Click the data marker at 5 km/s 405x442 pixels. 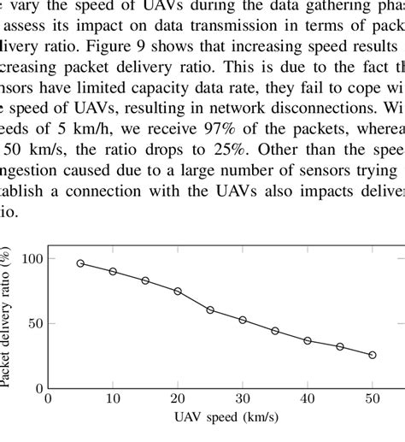(80, 263)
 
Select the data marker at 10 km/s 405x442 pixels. (113, 271)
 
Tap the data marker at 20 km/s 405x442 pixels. (178, 291)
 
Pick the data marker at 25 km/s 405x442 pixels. (210, 309)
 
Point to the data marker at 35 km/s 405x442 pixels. (275, 331)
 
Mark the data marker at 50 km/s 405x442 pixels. (373, 354)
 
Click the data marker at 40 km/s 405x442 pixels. (308, 340)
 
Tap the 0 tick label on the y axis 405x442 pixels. (38, 387)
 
